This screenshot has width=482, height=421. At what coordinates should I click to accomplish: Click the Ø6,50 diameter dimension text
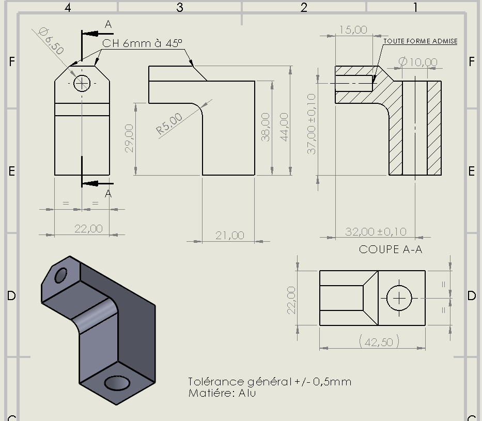point(51,41)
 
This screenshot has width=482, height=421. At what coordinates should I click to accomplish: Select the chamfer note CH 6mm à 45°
point(142,43)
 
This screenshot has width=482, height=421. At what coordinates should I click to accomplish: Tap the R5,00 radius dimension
point(169,123)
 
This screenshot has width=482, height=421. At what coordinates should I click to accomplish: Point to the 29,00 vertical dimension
point(129,138)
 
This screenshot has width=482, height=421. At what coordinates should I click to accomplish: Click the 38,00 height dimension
point(266,127)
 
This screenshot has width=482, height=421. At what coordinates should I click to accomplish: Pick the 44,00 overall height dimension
point(284,127)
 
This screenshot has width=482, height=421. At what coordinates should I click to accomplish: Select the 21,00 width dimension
point(229,236)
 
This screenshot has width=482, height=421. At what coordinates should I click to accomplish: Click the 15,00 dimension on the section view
point(353,30)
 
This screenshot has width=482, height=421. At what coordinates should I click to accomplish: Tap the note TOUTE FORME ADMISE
point(421,41)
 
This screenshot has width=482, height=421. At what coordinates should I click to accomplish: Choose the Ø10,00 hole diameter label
point(418,62)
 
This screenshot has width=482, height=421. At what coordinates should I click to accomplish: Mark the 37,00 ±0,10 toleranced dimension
point(312,124)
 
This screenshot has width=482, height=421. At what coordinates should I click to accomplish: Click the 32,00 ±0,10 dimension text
point(376,231)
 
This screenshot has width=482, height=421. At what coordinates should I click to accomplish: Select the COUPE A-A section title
point(391,249)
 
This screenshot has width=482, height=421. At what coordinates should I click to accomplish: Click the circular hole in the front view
point(82,83)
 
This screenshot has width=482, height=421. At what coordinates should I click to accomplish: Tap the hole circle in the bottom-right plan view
point(399,298)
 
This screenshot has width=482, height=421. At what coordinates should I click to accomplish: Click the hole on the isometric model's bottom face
point(117,383)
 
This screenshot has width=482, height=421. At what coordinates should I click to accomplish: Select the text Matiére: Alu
point(222,393)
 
